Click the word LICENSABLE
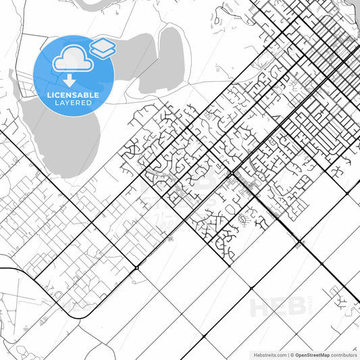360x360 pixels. tap(72, 95)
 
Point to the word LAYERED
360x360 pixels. tap(72, 103)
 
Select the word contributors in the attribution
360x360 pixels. tap(342, 355)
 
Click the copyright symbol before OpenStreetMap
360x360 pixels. tap(292, 355)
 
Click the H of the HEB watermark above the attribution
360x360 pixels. tap(261, 307)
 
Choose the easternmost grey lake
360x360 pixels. tap(162, 61)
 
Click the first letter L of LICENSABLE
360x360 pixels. tap(49, 95)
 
